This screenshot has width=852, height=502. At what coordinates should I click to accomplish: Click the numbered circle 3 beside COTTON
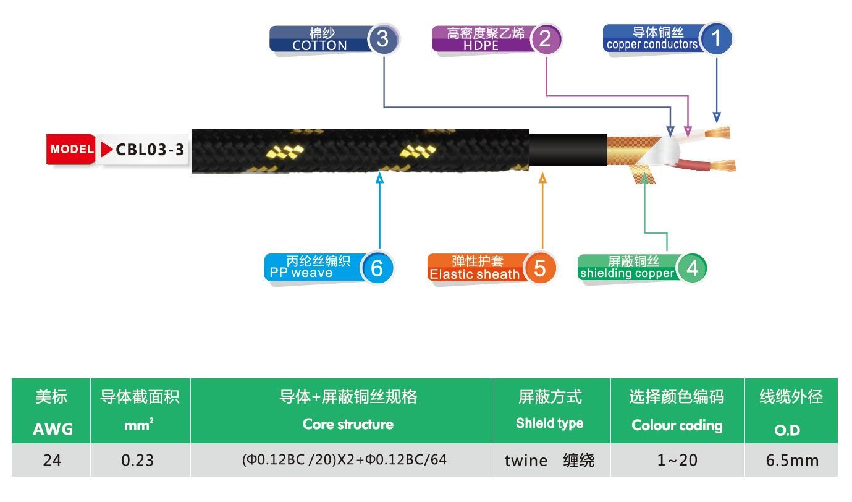(x=383, y=39)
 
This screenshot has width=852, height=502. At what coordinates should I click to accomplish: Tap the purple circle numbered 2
(x=546, y=39)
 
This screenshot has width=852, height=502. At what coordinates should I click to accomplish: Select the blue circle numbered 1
(x=716, y=38)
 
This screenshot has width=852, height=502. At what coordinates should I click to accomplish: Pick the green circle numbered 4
(x=692, y=268)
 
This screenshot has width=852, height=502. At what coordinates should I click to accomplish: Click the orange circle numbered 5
(x=540, y=268)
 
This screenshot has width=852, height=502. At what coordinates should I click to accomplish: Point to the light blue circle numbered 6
(x=377, y=268)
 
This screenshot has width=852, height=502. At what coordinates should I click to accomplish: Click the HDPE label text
(x=481, y=46)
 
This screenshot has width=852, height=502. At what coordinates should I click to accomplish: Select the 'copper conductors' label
(x=652, y=45)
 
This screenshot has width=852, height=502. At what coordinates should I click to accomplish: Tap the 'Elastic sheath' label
(x=475, y=274)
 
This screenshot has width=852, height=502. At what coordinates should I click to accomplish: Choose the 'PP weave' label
(x=301, y=273)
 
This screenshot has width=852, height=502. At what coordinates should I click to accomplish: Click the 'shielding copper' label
(x=627, y=273)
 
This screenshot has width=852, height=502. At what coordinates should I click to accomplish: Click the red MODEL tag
(x=71, y=149)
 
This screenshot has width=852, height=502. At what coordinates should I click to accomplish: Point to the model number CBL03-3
(x=150, y=150)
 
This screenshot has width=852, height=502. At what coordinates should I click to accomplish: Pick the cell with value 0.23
(x=137, y=460)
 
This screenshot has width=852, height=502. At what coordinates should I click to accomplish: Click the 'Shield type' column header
(x=550, y=423)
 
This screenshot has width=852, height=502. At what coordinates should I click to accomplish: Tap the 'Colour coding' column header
(x=677, y=425)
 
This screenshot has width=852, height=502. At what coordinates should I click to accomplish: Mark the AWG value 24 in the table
(x=52, y=461)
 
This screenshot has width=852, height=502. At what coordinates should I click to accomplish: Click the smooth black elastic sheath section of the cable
(x=568, y=150)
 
